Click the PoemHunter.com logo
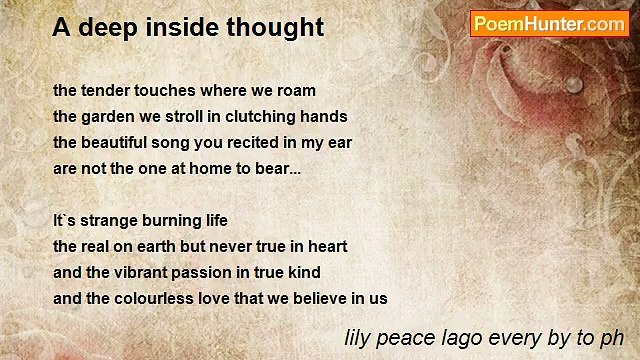[x=549, y=24]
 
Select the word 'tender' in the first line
[x=107, y=90]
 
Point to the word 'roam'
[x=295, y=90]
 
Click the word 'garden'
[x=107, y=116]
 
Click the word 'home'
[x=203, y=168]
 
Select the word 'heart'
[x=326, y=246]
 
